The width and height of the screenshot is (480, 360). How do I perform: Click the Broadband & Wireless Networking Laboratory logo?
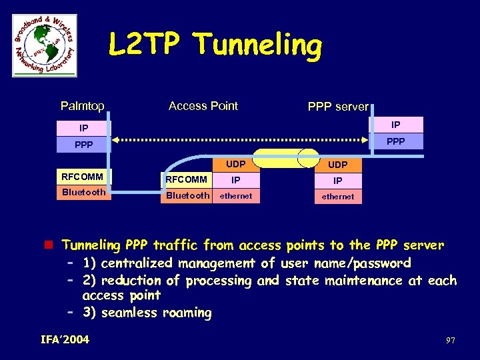click(45, 45)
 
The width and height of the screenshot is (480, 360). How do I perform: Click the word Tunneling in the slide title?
click(257, 46)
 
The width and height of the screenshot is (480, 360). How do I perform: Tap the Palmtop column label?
click(82, 106)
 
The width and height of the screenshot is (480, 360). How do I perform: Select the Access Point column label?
click(203, 106)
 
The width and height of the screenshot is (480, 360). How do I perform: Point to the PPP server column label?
click(337, 107)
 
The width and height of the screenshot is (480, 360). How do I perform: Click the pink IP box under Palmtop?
click(83, 127)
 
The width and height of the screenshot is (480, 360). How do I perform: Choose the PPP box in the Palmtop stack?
click(83, 143)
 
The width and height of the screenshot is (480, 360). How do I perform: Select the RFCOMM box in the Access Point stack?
click(187, 179)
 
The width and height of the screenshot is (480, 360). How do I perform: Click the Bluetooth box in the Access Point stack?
click(187, 196)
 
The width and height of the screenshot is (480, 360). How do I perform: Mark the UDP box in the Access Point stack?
click(235, 164)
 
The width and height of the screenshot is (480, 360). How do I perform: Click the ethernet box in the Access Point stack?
click(236, 196)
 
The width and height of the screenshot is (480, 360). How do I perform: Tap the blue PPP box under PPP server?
click(396, 141)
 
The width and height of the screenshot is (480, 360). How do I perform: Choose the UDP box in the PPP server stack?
click(338, 165)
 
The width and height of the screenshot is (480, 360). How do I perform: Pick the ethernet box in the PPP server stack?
click(338, 197)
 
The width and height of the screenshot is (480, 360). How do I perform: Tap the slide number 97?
click(451, 341)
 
